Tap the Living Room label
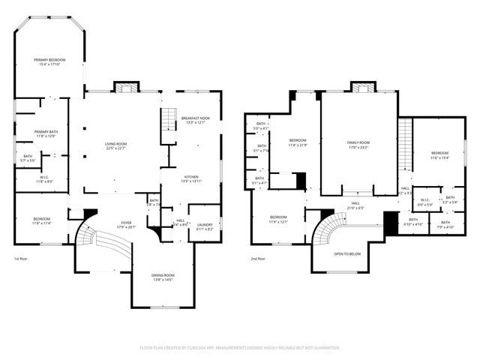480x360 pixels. click(115, 145)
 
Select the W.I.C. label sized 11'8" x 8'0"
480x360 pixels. click(44, 178)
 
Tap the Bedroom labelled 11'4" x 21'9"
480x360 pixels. click(298, 142)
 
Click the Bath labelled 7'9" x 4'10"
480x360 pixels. click(445, 224)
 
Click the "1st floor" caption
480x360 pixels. click(21, 259)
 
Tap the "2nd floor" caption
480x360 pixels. click(259, 259)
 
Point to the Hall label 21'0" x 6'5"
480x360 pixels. click(355, 205)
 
